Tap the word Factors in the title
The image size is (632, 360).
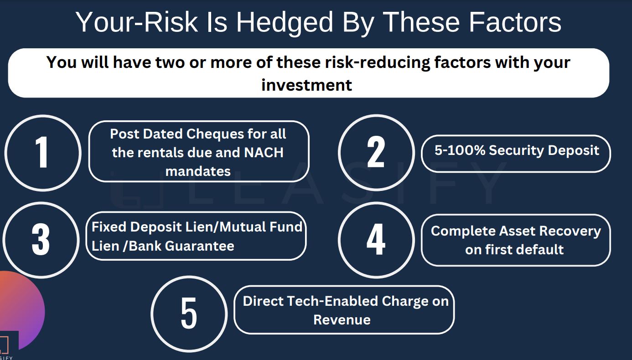(x=515, y=22)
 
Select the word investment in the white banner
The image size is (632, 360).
(x=307, y=85)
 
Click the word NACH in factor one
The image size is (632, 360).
(x=264, y=153)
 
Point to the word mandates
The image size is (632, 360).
(x=198, y=171)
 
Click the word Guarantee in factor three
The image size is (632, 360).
(x=199, y=246)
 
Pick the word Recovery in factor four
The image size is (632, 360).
(x=570, y=231)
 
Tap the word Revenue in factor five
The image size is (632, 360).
(x=342, y=320)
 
